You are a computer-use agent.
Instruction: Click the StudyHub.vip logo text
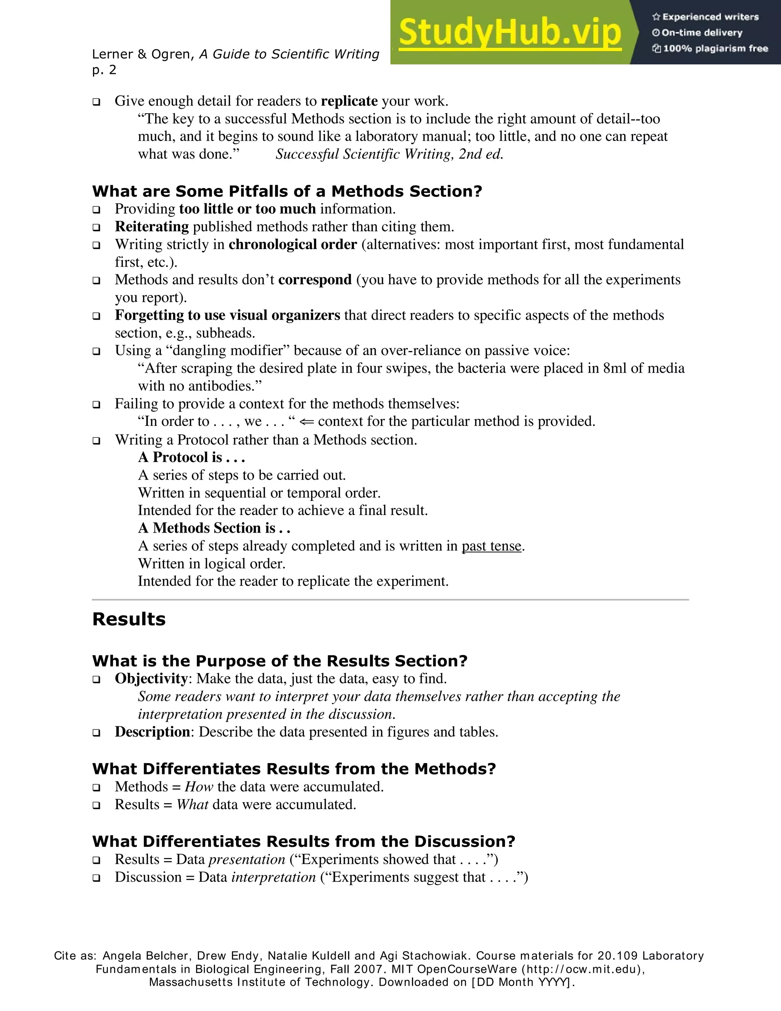pyautogui.click(x=509, y=32)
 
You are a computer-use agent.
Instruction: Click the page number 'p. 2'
pyautogui.click(x=104, y=70)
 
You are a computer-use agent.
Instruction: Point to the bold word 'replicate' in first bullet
pyautogui.click(x=349, y=101)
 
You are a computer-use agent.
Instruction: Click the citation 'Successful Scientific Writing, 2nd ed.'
pyautogui.click(x=389, y=154)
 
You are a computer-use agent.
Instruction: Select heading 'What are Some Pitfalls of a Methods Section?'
pyautogui.click(x=287, y=191)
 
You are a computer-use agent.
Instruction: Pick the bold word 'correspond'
pyautogui.click(x=315, y=280)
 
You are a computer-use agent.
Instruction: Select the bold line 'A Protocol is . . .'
pyautogui.click(x=191, y=457)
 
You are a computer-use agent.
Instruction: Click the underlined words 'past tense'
pyautogui.click(x=491, y=546)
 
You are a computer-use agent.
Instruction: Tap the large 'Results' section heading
pyautogui.click(x=129, y=619)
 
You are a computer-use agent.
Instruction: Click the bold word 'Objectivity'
pyautogui.click(x=151, y=679)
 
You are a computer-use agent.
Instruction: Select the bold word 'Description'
pyautogui.click(x=152, y=732)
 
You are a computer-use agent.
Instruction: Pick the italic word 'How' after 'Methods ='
pyautogui.click(x=198, y=787)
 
